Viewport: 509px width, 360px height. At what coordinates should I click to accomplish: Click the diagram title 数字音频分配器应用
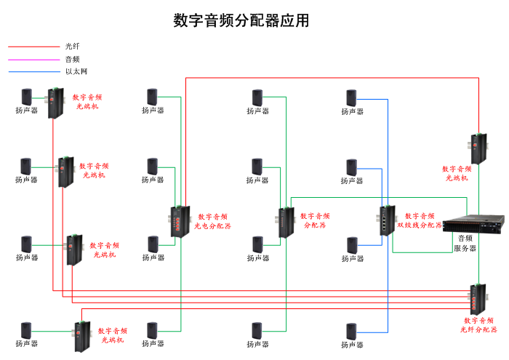(x=241, y=20)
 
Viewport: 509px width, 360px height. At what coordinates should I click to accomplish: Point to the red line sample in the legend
(x=33, y=47)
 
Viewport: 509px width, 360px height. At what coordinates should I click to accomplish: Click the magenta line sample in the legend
(x=33, y=59)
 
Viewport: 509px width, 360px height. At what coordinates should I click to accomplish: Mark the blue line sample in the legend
(x=33, y=71)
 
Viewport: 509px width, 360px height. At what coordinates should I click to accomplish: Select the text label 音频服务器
(x=465, y=243)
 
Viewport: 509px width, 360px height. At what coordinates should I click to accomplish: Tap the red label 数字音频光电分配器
(x=212, y=221)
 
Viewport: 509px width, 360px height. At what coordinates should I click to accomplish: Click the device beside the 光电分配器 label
(x=178, y=221)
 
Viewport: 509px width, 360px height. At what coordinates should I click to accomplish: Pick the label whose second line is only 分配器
(x=315, y=220)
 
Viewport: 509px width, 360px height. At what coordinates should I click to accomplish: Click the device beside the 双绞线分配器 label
(x=385, y=221)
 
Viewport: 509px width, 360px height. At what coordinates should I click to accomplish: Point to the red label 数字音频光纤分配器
(x=478, y=324)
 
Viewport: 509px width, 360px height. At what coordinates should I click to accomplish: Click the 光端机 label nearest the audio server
(x=457, y=173)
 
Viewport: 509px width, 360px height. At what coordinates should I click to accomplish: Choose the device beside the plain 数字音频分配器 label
(x=284, y=222)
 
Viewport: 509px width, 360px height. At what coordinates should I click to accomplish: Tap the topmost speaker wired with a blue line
(x=352, y=97)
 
